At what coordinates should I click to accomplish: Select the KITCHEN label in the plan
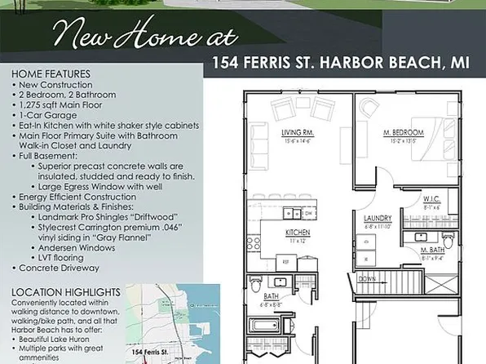[x=296, y=233]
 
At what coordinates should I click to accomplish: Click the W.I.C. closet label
[x=431, y=198]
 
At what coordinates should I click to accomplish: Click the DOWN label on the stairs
[x=368, y=278]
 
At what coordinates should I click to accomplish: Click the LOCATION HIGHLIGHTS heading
[x=65, y=291]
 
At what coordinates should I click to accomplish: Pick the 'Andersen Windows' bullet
[x=82, y=246]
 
